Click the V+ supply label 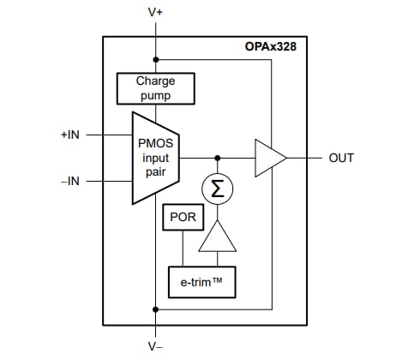pos(155,13)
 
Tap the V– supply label pos(155,347)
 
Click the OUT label pos(341,159)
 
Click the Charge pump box pos(155,87)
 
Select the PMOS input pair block pos(155,158)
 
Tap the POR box pos(181,218)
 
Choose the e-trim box pos(201,279)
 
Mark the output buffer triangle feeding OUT pos(269,158)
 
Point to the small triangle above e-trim pos(218,236)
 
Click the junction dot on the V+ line pos(155,60)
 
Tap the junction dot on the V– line pos(155,309)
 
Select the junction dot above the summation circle pos(218,158)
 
